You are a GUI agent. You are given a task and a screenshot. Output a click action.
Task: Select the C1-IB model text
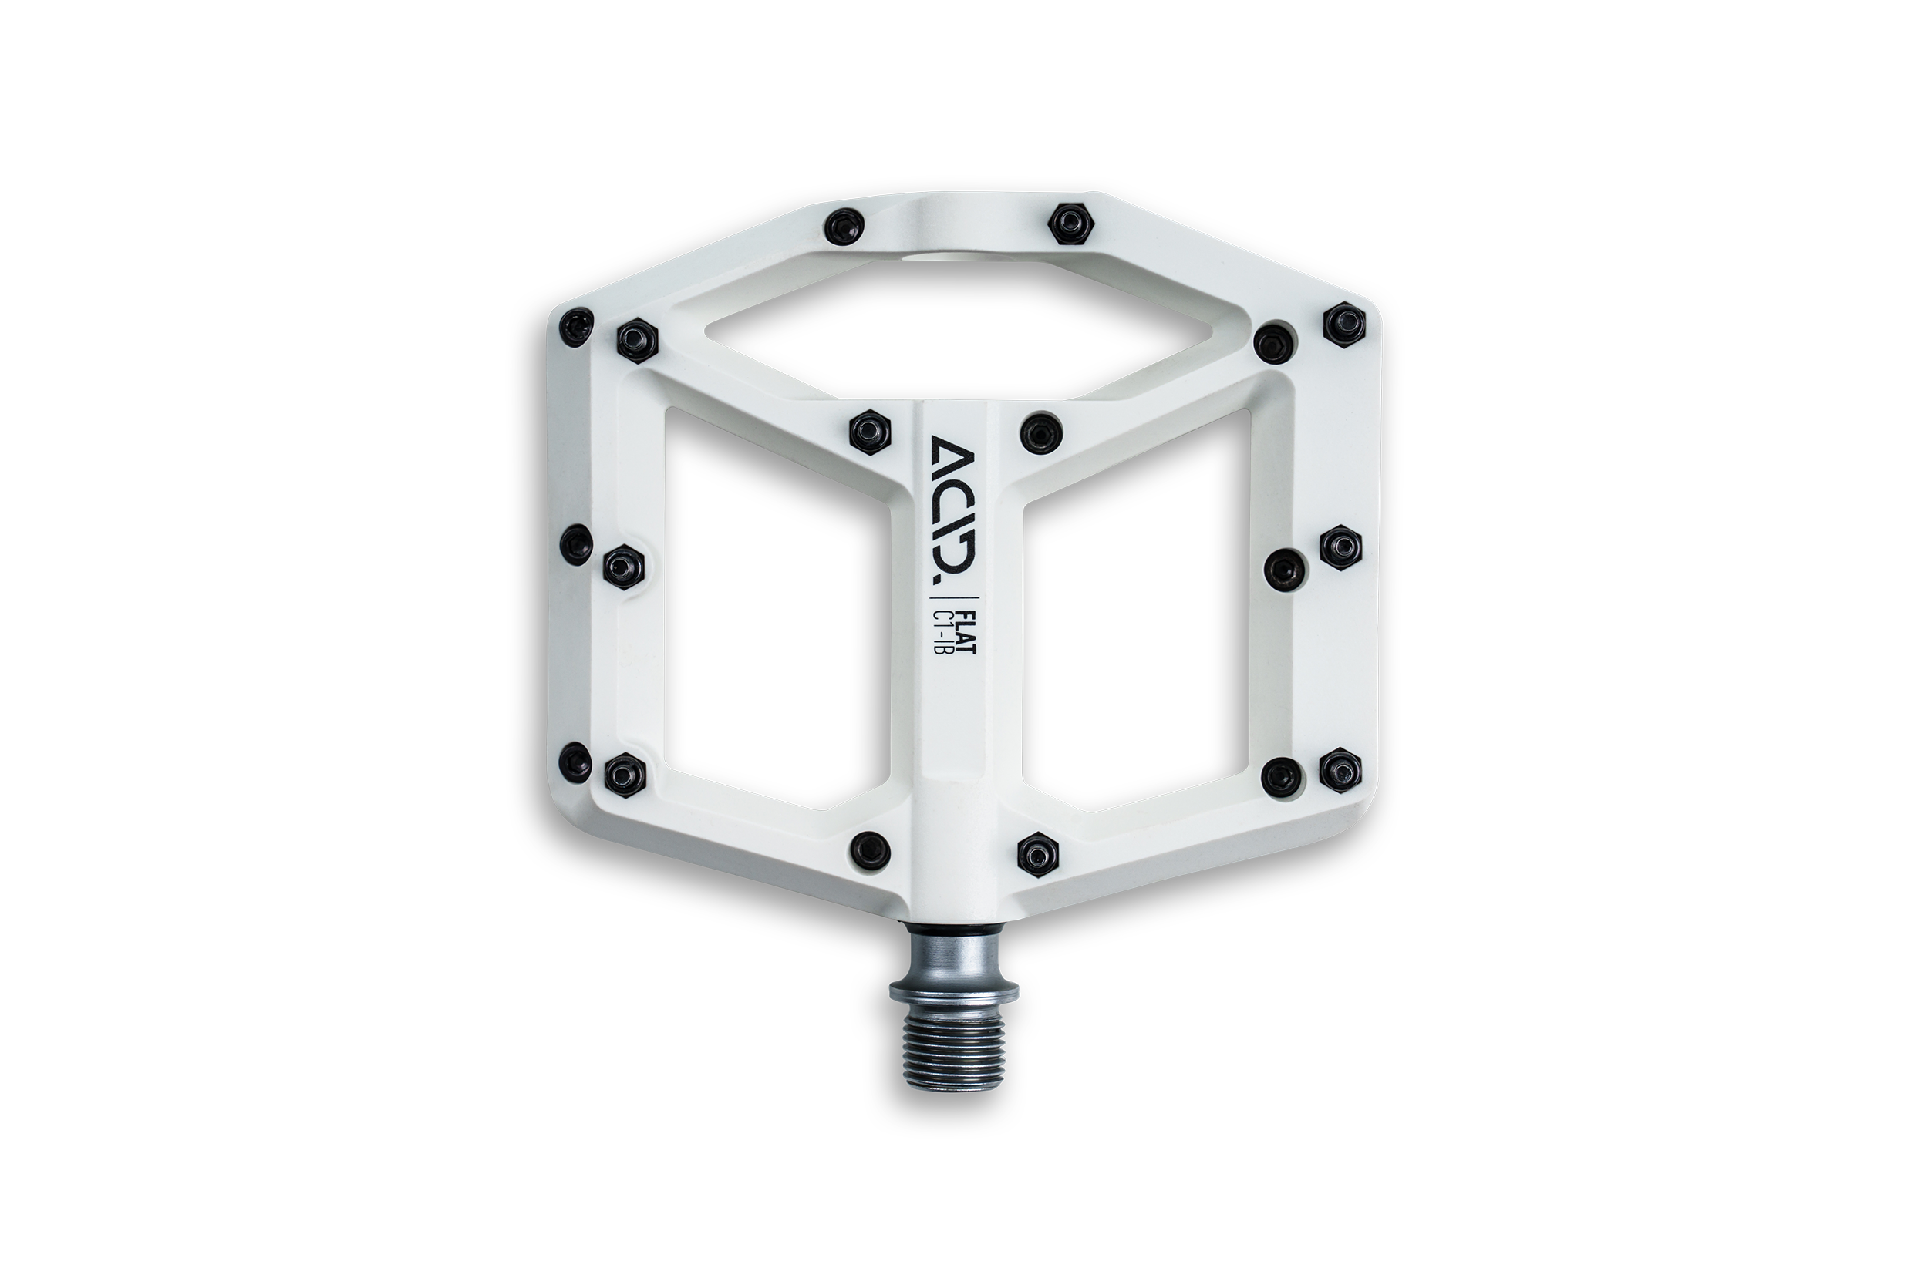tap(955, 627)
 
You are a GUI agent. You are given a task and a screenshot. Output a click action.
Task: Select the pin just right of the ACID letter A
tap(1040, 430)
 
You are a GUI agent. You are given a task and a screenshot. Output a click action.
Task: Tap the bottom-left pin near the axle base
tap(871, 849)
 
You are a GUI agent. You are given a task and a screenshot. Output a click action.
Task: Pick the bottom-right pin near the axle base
tap(1036, 855)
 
